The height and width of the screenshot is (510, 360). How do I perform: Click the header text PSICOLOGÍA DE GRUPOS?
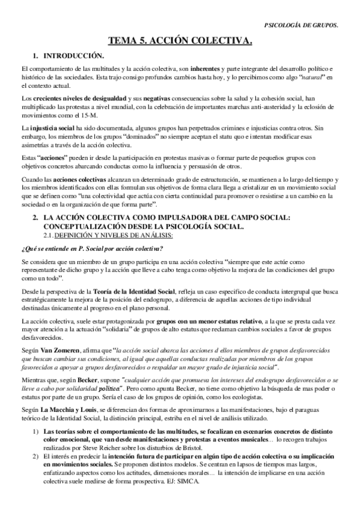(301, 25)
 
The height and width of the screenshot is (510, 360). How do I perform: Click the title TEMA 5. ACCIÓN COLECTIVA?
(180, 41)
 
